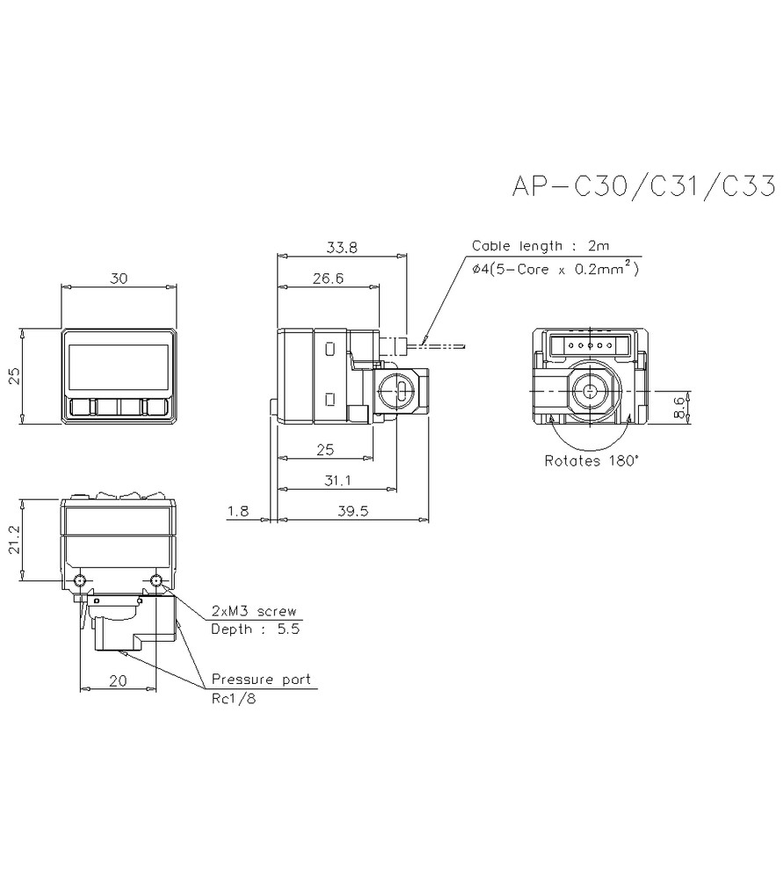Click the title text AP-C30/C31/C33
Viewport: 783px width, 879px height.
(x=642, y=187)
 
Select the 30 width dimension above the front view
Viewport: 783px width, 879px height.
(x=120, y=278)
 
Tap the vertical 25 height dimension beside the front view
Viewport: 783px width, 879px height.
(x=12, y=377)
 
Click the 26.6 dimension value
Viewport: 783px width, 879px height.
(x=327, y=279)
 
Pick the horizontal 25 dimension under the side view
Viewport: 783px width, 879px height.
(x=324, y=450)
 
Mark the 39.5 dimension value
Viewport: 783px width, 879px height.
(x=352, y=512)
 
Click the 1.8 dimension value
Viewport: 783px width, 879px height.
(x=239, y=512)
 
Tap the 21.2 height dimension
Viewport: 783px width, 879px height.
(x=12, y=540)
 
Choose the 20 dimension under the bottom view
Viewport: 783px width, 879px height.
(x=116, y=680)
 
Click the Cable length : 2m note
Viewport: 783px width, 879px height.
(x=540, y=246)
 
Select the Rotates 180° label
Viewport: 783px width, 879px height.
(x=591, y=460)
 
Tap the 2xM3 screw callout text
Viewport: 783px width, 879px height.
(x=254, y=611)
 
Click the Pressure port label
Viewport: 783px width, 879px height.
(x=260, y=680)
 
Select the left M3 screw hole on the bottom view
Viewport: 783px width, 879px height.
(x=81, y=582)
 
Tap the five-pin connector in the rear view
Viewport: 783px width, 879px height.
(x=591, y=345)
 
